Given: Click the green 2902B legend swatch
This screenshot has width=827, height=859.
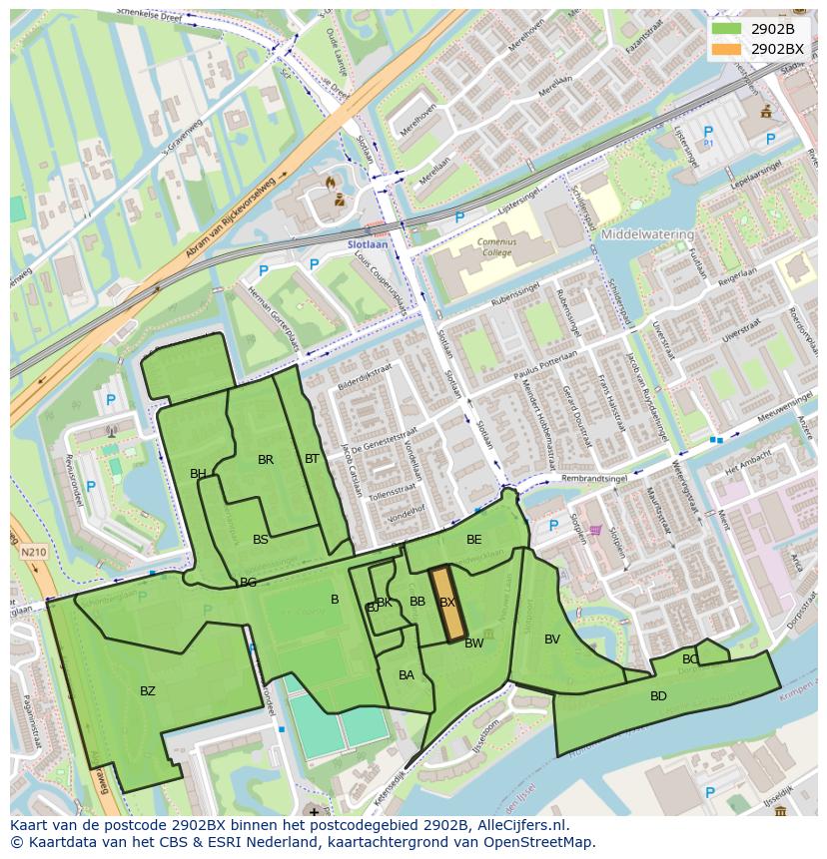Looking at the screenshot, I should (x=725, y=29).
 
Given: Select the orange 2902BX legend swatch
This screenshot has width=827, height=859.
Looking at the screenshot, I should (x=725, y=49).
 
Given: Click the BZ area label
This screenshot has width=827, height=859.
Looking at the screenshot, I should (x=148, y=690).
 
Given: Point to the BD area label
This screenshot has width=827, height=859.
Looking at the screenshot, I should (x=658, y=695).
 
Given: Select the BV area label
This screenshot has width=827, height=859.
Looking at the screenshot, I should (x=552, y=640).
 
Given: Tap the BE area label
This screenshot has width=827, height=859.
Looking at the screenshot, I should (x=473, y=540).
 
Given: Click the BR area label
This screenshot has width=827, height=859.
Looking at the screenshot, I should (x=266, y=460).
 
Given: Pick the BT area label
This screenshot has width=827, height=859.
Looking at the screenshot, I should (x=312, y=459).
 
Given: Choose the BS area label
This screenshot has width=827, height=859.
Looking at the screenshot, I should (x=261, y=540).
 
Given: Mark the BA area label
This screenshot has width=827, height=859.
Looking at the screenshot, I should (x=407, y=675).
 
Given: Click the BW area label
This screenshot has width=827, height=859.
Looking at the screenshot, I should (x=474, y=644).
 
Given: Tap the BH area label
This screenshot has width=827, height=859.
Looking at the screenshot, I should (x=198, y=474).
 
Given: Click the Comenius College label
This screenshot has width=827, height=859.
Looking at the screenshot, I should (x=490, y=247).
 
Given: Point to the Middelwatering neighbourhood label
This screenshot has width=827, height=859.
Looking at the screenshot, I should (x=647, y=234).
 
